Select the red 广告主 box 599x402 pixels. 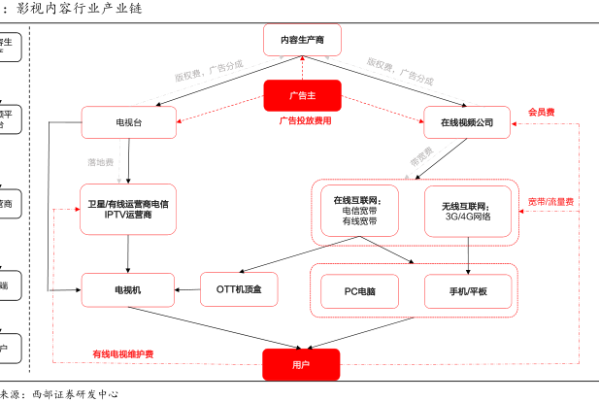[302, 95]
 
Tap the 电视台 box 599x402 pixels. [128, 122]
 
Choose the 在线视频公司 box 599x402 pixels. [467, 122]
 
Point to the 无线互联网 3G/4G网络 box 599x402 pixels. [467, 211]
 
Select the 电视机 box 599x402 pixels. [128, 288]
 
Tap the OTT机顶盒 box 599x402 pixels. [239, 288]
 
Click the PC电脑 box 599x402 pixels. [360, 290]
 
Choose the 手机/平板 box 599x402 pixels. [467, 290]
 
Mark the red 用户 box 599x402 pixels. [301, 364]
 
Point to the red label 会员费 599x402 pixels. [541, 113]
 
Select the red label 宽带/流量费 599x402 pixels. [550, 202]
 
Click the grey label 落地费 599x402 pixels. [101, 162]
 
